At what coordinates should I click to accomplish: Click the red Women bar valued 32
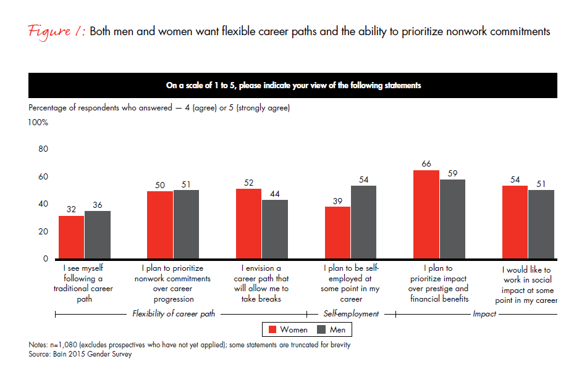[71, 238]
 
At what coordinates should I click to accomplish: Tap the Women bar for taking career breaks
[248, 224]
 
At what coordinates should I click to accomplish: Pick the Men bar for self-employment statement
[363, 222]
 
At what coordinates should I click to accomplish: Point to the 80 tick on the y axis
[43, 149]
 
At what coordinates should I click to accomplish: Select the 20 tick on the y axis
[43, 231]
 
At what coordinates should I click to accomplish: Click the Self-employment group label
[351, 314]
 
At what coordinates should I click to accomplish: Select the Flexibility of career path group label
[175, 314]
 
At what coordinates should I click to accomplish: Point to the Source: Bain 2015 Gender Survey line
[80, 354]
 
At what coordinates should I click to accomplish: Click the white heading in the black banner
[293, 86]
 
